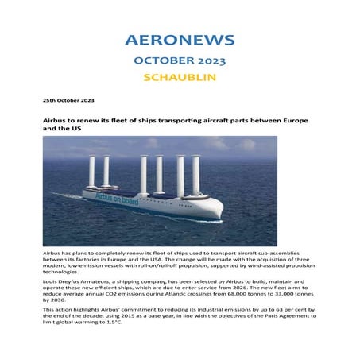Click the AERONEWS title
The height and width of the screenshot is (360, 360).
click(x=180, y=40)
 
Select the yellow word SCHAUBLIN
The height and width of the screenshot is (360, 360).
click(x=180, y=78)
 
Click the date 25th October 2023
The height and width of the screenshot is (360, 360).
click(x=67, y=101)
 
